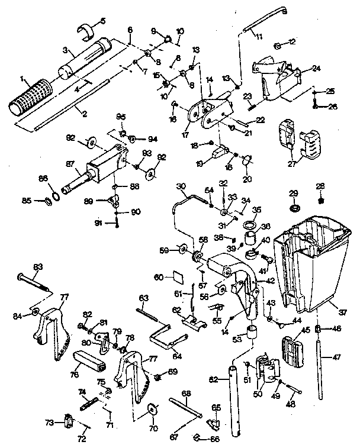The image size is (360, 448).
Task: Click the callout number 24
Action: tap(316, 68)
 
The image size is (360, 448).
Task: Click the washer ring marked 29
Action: tap(294, 208)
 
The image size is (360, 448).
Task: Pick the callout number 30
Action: tap(181, 185)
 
